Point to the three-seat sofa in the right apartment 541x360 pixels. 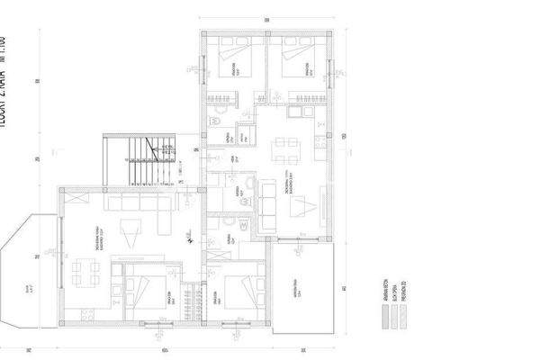click(267, 205)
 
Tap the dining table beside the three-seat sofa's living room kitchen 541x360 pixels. click(286, 144)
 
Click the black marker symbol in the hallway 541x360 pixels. click(189, 237)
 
